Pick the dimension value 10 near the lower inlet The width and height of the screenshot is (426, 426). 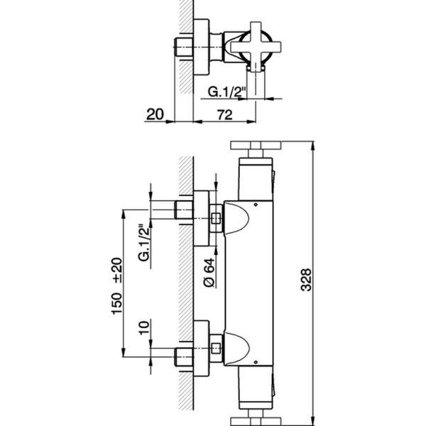[x=145, y=329]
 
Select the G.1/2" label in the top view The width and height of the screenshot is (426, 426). [x=226, y=91]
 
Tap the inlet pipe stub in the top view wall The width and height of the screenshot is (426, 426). [x=183, y=47]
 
